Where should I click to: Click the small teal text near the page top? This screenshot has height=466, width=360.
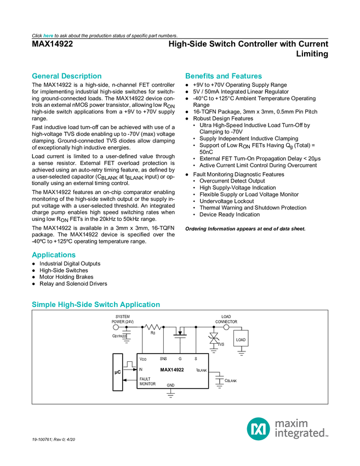48,35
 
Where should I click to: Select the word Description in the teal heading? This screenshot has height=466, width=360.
82,76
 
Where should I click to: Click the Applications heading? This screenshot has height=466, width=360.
54,255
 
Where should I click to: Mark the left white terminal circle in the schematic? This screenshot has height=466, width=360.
116,327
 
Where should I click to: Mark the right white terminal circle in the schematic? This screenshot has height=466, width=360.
226,327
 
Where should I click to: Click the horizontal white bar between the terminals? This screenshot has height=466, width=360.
180,327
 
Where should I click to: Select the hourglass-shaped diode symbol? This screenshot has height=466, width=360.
214,339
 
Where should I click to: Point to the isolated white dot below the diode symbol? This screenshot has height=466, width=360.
220,377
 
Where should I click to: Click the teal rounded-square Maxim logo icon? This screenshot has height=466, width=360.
258,429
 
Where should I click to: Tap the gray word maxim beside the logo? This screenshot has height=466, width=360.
292,423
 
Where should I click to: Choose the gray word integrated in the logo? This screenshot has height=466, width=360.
299,434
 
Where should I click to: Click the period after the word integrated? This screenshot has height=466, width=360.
328,436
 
